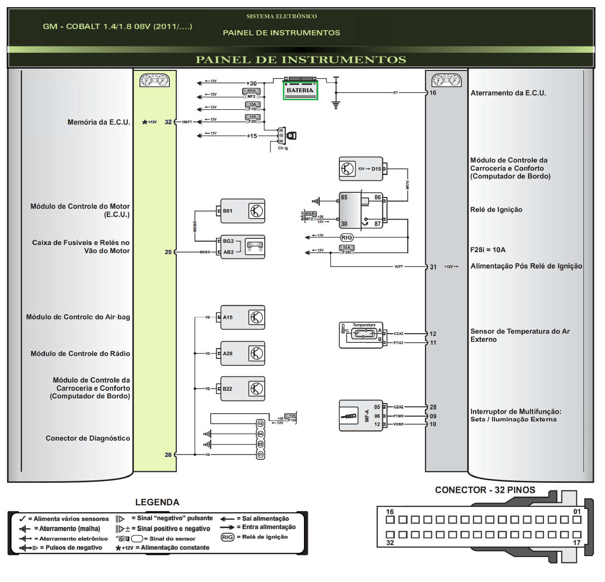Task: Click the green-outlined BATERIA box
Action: (300, 90)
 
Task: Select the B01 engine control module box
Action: (242, 211)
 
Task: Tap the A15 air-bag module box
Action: (242, 317)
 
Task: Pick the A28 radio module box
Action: (242, 354)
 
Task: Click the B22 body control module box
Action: (242, 389)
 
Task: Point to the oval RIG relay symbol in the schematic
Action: (347, 238)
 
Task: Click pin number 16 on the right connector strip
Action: (433, 93)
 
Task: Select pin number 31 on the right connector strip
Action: (433, 267)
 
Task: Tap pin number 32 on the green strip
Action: (168, 122)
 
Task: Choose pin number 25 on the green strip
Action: (168, 252)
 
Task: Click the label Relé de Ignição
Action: (496, 210)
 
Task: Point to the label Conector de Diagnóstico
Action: (88, 438)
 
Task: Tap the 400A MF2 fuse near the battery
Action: (251, 93)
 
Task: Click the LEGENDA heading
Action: (157, 502)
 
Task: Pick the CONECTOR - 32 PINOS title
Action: (485, 490)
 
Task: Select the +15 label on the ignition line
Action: (252, 136)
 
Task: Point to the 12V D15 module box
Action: (361, 169)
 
